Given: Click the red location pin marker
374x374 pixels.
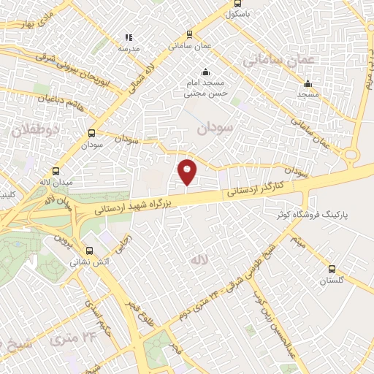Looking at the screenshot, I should [x=187, y=172].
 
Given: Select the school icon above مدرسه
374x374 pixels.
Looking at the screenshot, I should [x=129, y=37].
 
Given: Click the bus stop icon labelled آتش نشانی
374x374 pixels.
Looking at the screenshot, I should [x=89, y=250].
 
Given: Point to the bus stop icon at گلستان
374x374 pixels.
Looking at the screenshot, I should [x=332, y=270].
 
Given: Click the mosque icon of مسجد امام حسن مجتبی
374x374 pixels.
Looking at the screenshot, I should [x=205, y=72].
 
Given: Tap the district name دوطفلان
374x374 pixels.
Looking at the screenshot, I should [x=28, y=131].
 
